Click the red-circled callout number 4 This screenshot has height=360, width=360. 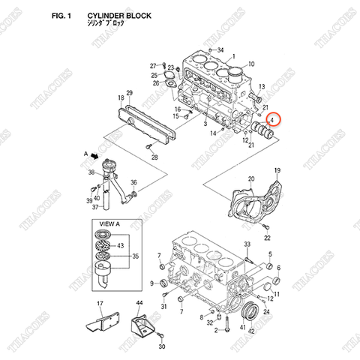click(272, 118)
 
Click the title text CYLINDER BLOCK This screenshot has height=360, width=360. click(118, 14)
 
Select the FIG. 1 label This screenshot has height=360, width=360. click(60, 14)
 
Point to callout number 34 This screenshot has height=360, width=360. click(220, 50)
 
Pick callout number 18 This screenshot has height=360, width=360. click(119, 97)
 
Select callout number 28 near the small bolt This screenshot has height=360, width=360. click(154, 157)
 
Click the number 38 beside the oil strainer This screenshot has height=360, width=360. click(91, 172)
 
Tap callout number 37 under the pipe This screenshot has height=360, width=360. click(95, 208)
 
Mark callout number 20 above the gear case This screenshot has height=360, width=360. click(251, 178)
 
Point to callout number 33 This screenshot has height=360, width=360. click(246, 245)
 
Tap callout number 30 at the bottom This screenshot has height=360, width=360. click(160, 348)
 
